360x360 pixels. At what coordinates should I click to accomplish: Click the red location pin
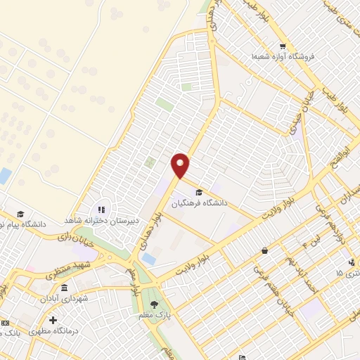[181, 165]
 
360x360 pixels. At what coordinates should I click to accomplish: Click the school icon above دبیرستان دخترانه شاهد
[101, 209]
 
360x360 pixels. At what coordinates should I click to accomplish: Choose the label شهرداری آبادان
[65, 299]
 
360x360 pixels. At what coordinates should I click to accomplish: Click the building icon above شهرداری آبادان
[65, 288]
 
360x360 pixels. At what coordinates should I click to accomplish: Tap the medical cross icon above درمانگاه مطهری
[53, 320]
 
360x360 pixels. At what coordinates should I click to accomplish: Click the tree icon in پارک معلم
[154, 304]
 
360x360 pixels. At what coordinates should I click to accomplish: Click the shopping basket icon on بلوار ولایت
[264, 250]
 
